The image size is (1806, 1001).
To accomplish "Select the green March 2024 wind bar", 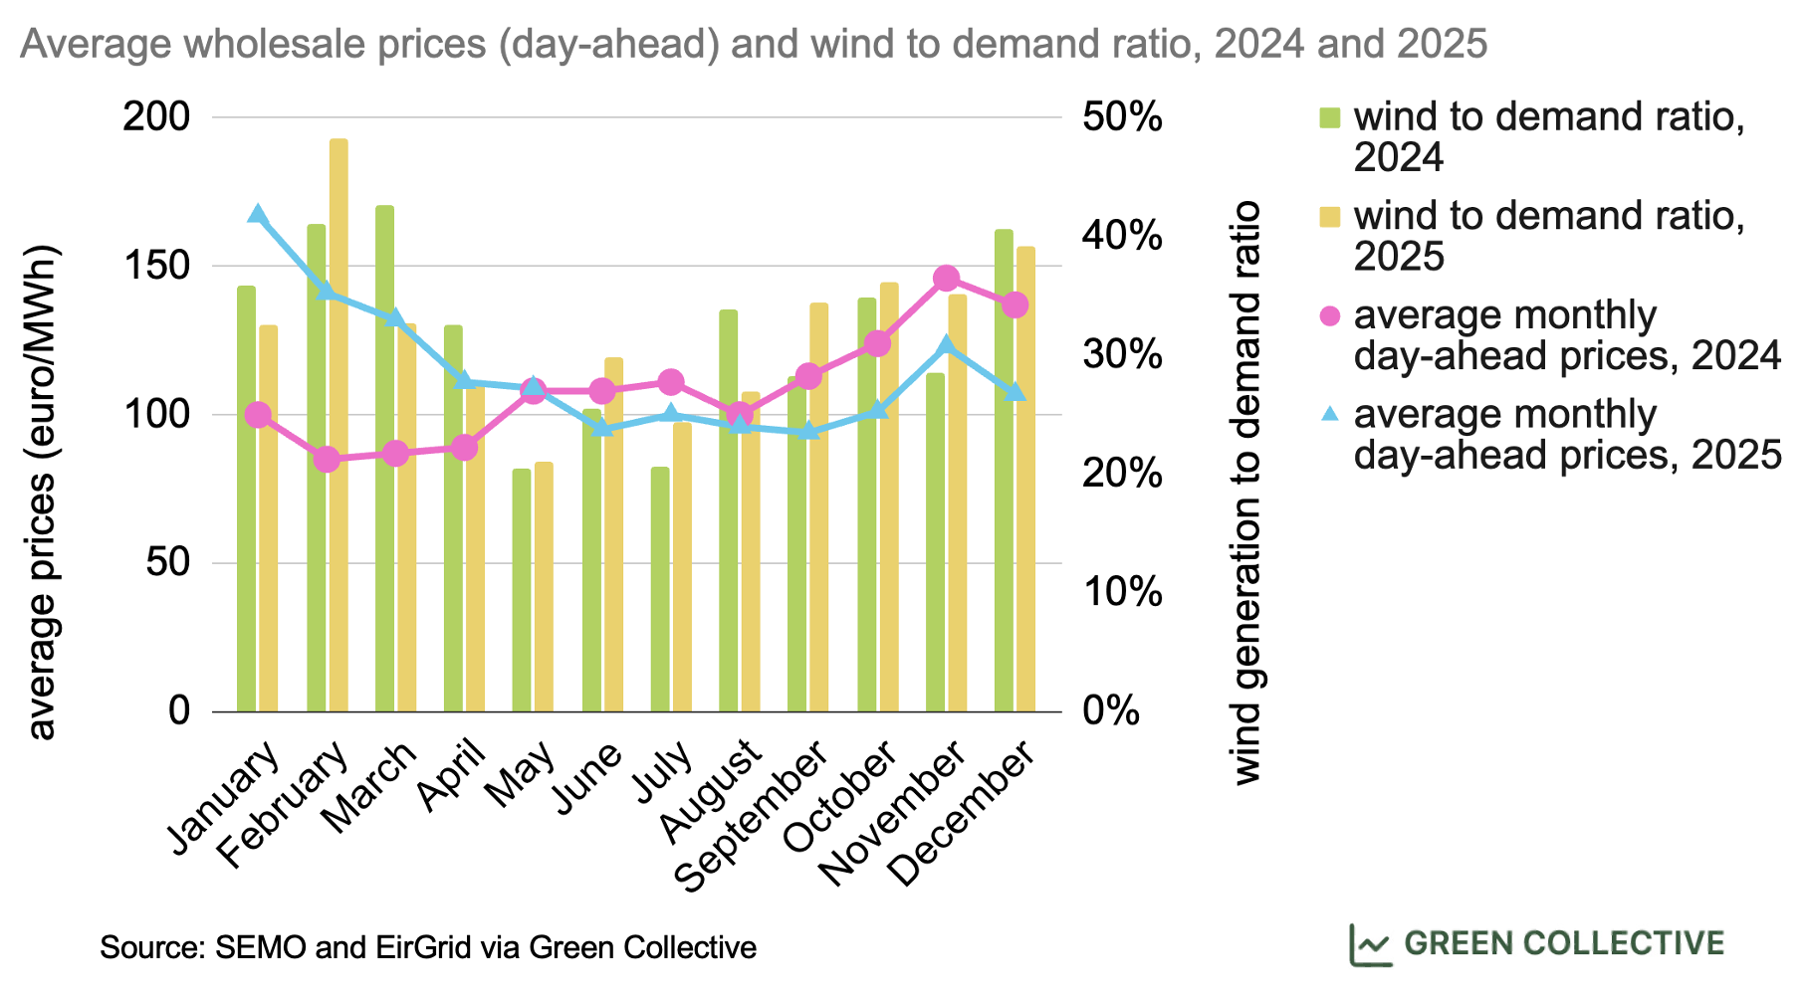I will (384, 458).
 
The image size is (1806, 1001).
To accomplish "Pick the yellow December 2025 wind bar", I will (1025, 479).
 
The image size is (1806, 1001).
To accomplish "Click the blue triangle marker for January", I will (258, 214).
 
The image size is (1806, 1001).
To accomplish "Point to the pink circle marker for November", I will (947, 278).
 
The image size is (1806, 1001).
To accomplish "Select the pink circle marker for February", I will (327, 460).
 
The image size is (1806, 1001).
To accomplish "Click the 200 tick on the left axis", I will (155, 117).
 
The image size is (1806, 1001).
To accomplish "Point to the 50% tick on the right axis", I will (1122, 117).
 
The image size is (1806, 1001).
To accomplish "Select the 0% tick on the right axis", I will (1111, 711).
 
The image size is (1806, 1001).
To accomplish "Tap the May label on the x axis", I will (522, 777).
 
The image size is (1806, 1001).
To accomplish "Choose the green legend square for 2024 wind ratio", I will (1329, 118).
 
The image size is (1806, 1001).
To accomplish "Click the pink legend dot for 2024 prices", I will (1329, 316).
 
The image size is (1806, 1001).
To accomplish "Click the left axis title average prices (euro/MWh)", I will (41, 492).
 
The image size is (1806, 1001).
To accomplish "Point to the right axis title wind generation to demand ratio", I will (1246, 492).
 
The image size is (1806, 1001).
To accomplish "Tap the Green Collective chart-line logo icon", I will (1370, 944).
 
